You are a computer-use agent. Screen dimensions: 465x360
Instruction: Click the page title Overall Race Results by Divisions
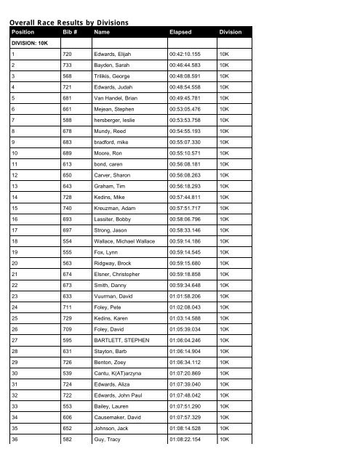point(69,23)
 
